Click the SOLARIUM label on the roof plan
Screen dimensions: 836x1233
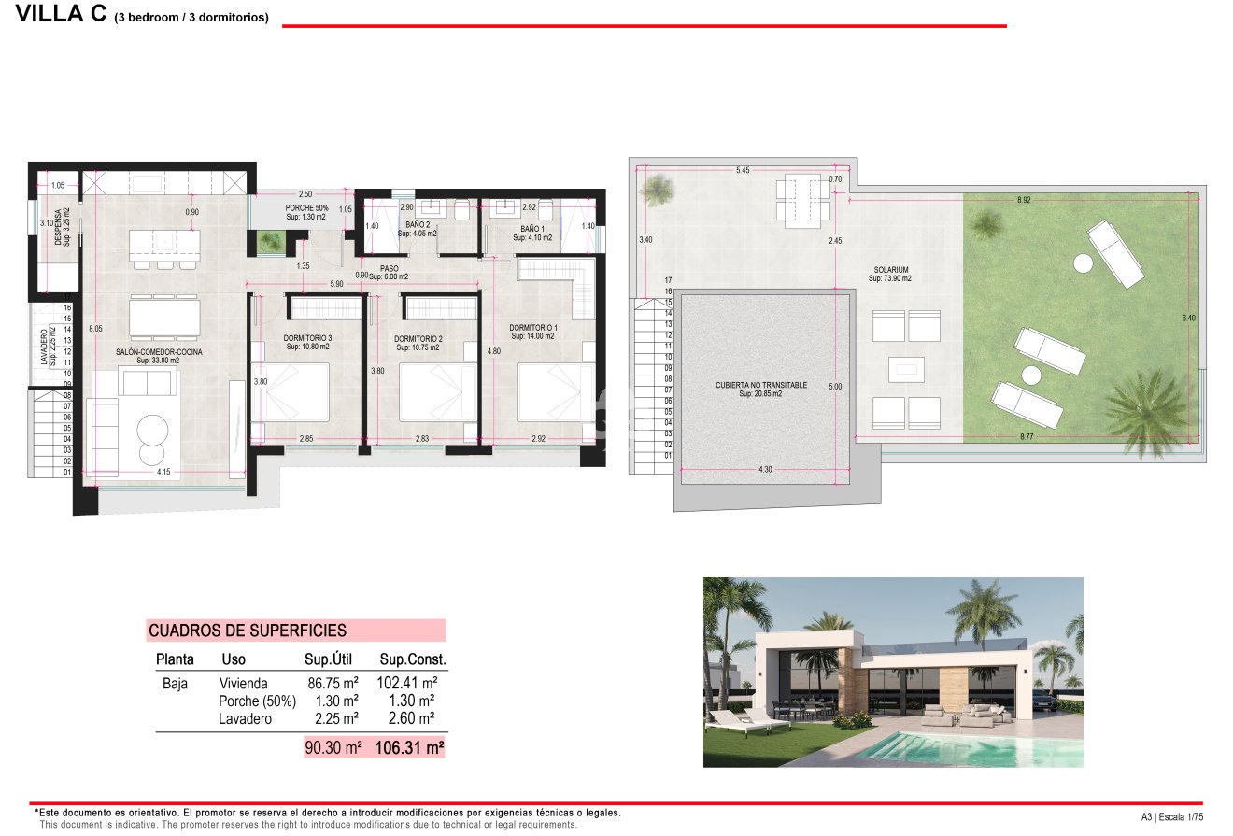[x=887, y=273]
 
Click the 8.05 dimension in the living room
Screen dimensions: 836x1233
[x=94, y=329]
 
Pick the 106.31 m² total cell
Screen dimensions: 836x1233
[x=409, y=747]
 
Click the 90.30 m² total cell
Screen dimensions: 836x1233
[x=332, y=747]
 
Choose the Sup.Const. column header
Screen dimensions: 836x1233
[x=411, y=659]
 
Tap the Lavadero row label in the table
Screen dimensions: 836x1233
[x=245, y=718]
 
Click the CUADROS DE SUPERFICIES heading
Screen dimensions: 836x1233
[x=248, y=631]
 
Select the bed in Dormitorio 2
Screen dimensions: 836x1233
[x=431, y=392]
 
